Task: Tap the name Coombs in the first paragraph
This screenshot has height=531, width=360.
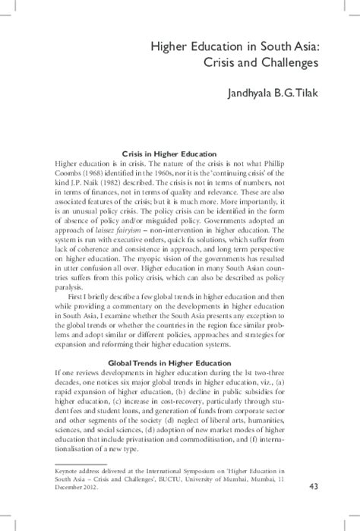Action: (x=66, y=175)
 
